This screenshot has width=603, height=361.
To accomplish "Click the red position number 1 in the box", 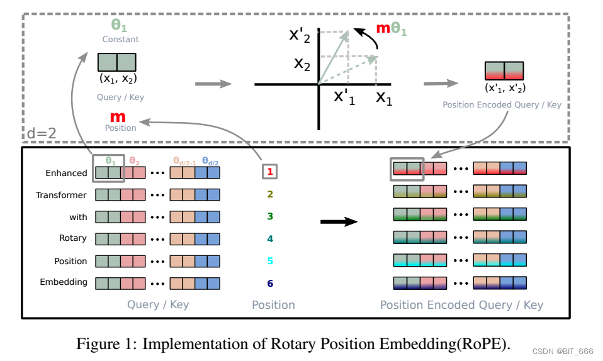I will pos(269,171).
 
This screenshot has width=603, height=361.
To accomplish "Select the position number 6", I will pos(270,283).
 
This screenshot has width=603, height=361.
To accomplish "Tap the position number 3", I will pos(270,216).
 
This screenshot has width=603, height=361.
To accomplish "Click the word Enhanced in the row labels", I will pos(66,173).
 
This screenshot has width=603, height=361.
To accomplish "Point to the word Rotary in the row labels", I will pos(73,238).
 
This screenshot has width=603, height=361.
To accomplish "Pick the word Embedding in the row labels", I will pos(64,282).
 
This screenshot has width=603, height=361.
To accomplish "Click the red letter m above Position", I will pos(118,116).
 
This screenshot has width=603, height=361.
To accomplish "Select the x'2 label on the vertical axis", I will pos(300,35).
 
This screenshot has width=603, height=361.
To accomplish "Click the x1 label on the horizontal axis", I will pos(383,97).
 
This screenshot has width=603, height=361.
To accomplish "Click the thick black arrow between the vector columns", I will pos(339,221).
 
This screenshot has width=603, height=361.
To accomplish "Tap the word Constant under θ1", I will pos(120,39).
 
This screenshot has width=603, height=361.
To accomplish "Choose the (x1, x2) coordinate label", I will pos(118,79).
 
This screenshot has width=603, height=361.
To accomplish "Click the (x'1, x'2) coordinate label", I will pos(504,88).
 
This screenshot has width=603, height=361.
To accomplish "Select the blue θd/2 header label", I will pos(210,161).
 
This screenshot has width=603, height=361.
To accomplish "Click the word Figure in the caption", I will pos(94,344).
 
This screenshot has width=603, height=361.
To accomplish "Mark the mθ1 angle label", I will pos(392,28).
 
